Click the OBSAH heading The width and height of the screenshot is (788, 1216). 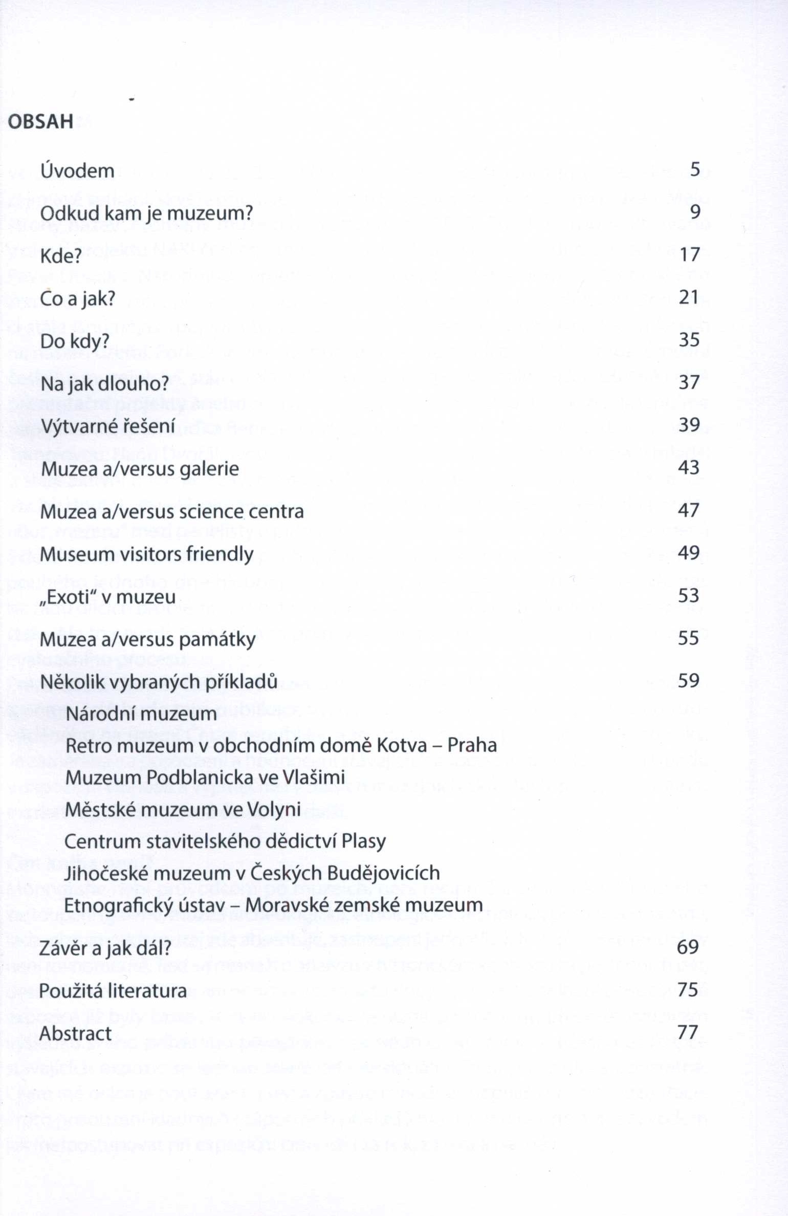tap(41, 122)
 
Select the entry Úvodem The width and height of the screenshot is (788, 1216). tap(77, 171)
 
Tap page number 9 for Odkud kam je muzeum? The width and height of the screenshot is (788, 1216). tap(695, 211)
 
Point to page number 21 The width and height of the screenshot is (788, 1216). tap(689, 297)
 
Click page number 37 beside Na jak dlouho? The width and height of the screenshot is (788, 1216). tap(689, 382)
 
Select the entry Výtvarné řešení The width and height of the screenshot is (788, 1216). tap(108, 426)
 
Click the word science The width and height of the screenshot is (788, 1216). tap(210, 511)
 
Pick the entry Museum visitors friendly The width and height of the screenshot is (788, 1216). tap(146, 554)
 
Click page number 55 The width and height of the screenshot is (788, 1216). tap(688, 638)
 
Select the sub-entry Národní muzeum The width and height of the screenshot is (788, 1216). tap(142, 713)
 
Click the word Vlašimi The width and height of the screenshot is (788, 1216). tap(314, 777)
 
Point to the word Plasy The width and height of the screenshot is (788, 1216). tap(363, 841)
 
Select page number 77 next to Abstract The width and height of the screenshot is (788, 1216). tap(688, 1032)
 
